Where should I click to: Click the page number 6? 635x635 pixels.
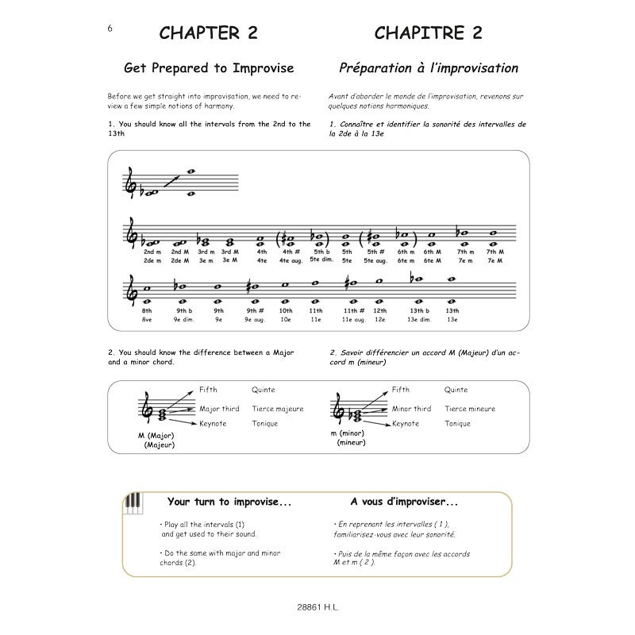coord(109,28)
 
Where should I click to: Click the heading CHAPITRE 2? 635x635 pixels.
coord(429,33)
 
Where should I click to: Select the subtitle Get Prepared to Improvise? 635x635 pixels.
coord(209,68)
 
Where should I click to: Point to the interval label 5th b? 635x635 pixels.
coord(318,252)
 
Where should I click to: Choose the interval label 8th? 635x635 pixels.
coord(148,310)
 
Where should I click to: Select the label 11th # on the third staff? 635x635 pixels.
coord(349,310)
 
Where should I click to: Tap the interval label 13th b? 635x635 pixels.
coord(418,310)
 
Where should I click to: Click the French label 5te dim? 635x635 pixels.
coord(318,260)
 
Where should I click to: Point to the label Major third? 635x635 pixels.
coord(220,409)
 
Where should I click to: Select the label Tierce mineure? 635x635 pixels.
coord(470,409)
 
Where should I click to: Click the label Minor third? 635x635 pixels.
coord(411,409)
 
